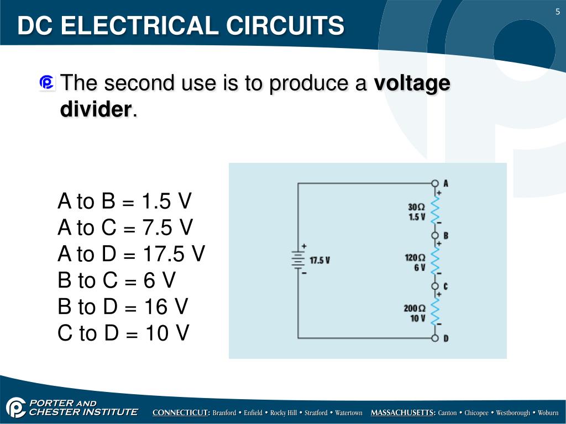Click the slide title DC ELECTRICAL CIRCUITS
[x=181, y=26]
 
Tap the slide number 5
[x=558, y=13]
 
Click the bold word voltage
[x=412, y=84]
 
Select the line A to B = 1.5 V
[x=124, y=202]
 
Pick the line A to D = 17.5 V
[x=131, y=254]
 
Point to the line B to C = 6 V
[x=117, y=280]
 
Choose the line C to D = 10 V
[x=123, y=333]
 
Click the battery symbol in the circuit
[x=298, y=259]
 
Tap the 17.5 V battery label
[x=319, y=260]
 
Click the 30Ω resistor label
[x=416, y=207]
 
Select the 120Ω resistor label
[x=415, y=257]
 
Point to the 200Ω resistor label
[x=415, y=308]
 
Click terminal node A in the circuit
[x=435, y=183]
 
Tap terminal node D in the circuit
[x=435, y=338]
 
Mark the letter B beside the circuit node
[x=446, y=236]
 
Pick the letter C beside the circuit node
[x=446, y=287]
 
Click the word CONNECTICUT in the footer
[x=181, y=413]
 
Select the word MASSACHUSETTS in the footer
[x=403, y=413]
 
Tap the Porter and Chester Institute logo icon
[x=16, y=407]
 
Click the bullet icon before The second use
[x=47, y=83]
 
